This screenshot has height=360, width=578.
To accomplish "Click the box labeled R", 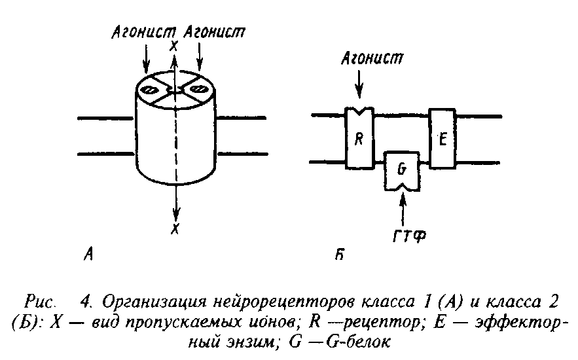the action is click(359, 138).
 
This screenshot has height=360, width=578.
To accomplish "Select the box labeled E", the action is click(443, 139).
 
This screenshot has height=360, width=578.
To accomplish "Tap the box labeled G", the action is click(402, 171).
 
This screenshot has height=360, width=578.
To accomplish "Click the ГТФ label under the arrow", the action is click(409, 236).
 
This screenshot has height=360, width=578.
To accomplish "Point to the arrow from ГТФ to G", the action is click(403, 209).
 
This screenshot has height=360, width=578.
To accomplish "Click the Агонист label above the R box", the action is click(372, 58).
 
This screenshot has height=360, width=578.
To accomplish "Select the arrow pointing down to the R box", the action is click(359, 85).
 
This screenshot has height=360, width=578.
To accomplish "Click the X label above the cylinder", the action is click(173, 46).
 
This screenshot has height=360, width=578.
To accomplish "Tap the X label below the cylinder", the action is click(175, 229).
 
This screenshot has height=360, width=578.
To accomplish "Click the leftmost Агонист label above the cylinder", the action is click(144, 33).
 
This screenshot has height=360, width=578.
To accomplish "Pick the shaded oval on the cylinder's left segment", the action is click(151, 90).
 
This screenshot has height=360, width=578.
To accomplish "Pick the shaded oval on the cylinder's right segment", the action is click(199, 89).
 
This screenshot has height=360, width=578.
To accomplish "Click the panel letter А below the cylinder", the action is click(88, 253).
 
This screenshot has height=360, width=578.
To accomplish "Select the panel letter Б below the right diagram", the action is click(340, 254).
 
